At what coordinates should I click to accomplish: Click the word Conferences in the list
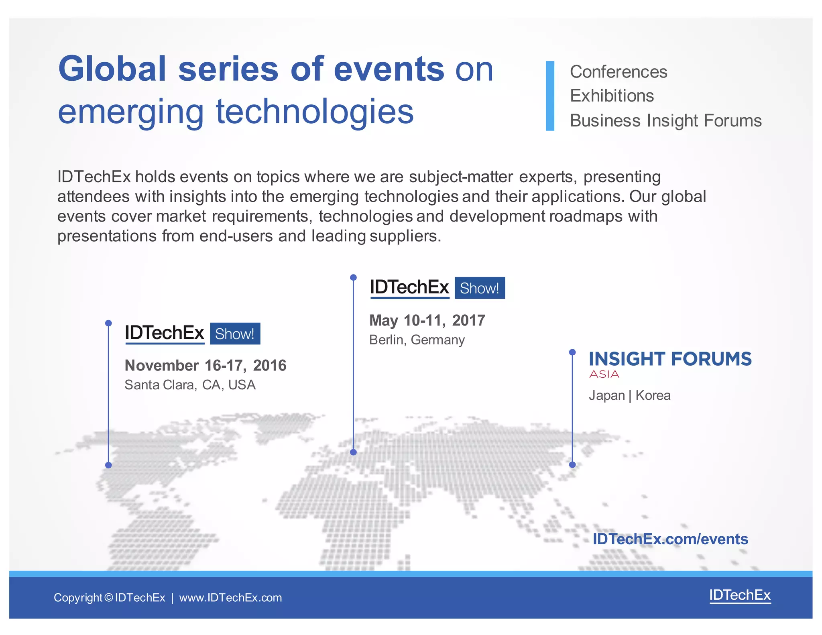(618, 72)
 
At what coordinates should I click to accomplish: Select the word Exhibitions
(612, 96)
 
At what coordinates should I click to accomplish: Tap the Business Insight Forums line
(665, 121)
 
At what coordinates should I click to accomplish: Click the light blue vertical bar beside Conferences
(550, 96)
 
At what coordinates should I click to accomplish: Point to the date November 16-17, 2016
(205, 366)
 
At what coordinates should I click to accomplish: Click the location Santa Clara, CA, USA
(190, 385)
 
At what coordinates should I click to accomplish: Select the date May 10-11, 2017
(427, 321)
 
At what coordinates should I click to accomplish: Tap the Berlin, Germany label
(417, 340)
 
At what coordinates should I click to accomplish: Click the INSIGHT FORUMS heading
(670, 359)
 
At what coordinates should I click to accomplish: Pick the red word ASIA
(604, 374)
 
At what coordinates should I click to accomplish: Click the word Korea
(653, 396)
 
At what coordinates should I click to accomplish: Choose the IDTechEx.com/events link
(670, 539)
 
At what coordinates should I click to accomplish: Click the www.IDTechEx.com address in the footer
(230, 598)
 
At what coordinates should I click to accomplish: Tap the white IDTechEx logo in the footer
(740, 595)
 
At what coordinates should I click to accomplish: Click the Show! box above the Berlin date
(480, 288)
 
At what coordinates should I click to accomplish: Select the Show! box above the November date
(235, 334)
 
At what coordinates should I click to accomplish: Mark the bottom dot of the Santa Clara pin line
(108, 465)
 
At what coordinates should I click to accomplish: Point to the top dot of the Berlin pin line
(353, 277)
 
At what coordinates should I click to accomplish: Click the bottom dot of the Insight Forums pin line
(572, 465)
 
